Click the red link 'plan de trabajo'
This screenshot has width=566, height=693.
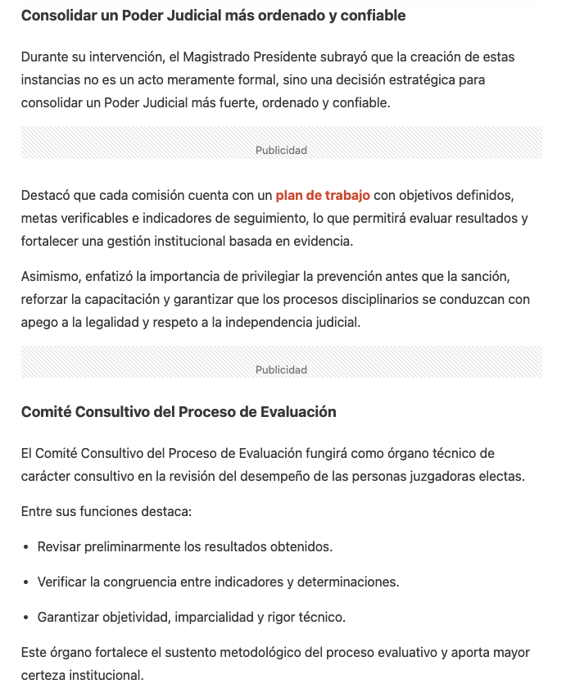323,195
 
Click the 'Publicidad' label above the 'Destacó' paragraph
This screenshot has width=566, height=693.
281,150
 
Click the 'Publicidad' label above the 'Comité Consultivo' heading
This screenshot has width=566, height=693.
281,369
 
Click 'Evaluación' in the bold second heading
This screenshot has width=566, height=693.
299,412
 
